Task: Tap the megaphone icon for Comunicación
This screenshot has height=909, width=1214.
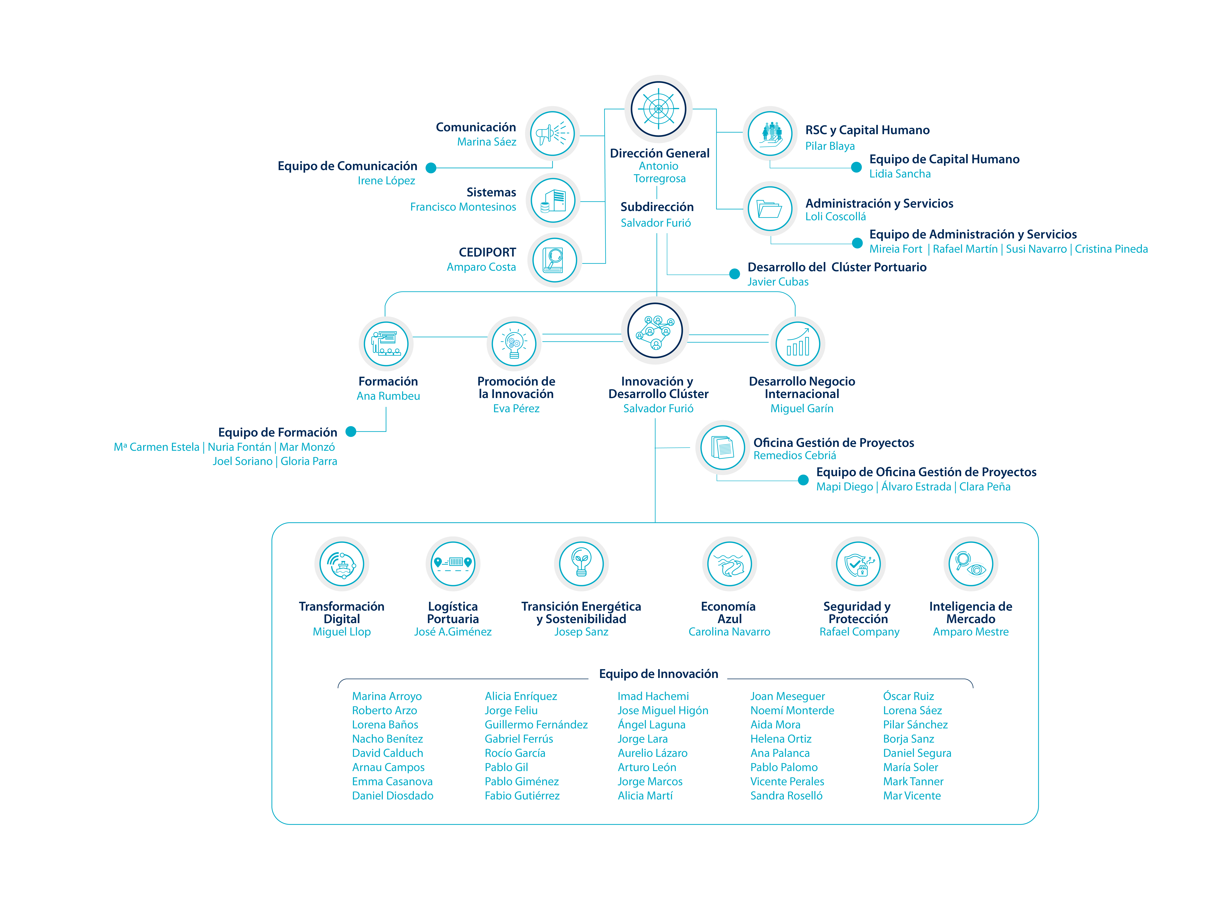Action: tap(552, 133)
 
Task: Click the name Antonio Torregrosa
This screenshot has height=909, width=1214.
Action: tap(659, 172)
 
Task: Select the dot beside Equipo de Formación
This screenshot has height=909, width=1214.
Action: tap(351, 432)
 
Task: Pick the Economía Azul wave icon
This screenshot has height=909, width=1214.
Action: tap(729, 564)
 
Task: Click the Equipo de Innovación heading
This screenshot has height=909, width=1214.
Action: tap(659, 674)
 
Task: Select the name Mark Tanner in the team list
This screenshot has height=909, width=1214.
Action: tap(913, 782)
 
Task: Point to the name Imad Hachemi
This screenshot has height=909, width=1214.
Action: tap(653, 696)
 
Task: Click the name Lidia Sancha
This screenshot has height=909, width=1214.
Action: tap(900, 174)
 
